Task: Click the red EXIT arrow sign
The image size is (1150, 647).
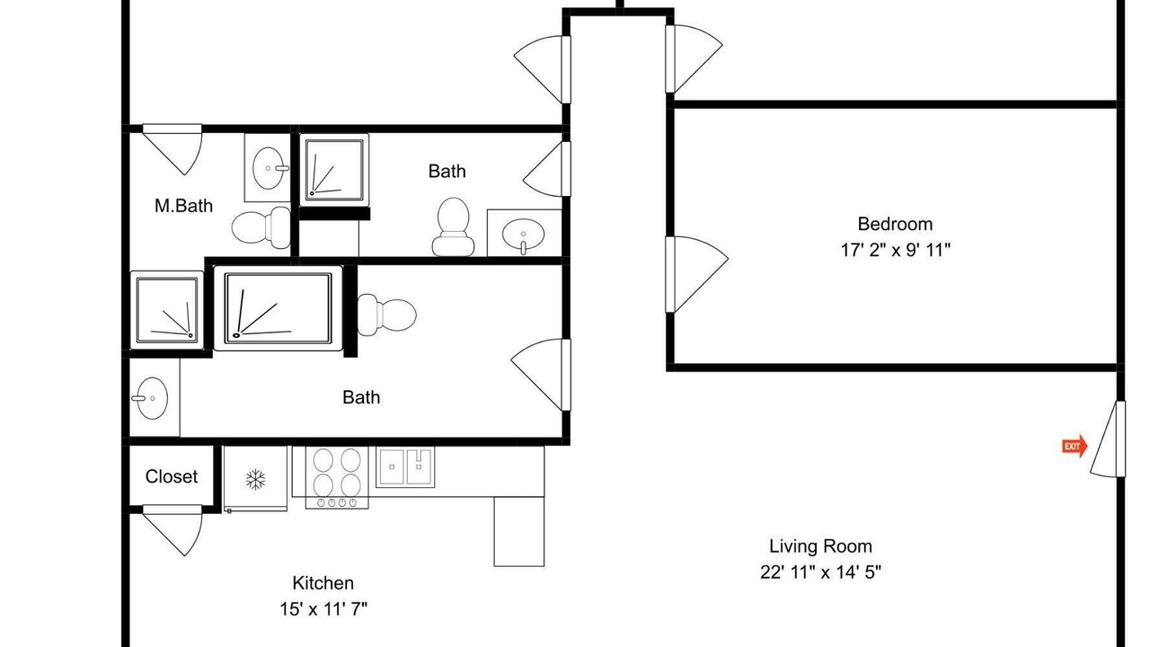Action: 1075,446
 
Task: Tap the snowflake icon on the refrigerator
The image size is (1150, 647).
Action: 255,480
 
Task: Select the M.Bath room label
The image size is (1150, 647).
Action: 184,206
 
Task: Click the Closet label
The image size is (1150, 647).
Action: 172,476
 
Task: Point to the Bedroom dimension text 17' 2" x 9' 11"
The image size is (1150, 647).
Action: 896,250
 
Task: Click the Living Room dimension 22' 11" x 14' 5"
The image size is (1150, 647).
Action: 820,572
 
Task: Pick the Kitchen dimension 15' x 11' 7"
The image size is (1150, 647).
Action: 323,609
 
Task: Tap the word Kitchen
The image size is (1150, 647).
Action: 323,583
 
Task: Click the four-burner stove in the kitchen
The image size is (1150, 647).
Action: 337,477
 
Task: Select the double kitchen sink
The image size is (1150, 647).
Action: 405,466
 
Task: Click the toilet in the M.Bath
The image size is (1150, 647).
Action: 261,227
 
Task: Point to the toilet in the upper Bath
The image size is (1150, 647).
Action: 453,226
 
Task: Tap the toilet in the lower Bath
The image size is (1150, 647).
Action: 386,315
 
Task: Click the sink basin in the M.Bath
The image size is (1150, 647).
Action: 268,168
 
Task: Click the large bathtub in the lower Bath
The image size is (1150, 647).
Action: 278,308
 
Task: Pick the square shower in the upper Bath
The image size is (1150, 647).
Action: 334,170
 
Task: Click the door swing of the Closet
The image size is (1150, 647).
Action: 172,530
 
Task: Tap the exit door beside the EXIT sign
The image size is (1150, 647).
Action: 1108,439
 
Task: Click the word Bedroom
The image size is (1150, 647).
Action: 895,224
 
